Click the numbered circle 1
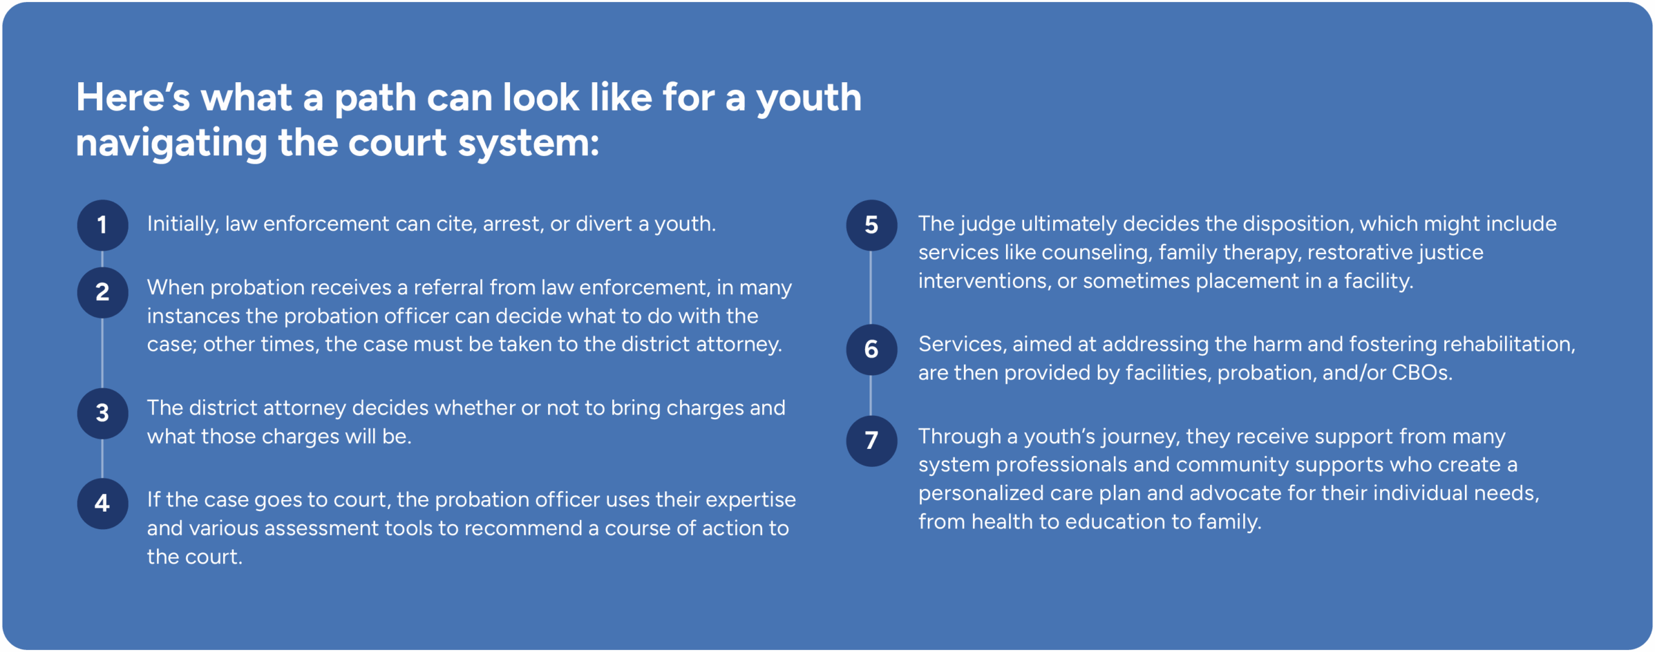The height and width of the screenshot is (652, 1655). pyautogui.click(x=102, y=225)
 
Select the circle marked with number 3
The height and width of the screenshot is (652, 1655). pyautogui.click(x=102, y=413)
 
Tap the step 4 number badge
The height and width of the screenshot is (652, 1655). pyautogui.click(x=102, y=503)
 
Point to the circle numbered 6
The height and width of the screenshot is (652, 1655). pyautogui.click(x=871, y=349)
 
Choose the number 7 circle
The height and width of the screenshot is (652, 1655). pyautogui.click(x=871, y=440)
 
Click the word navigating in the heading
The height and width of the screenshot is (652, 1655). pyautogui.click(x=171, y=144)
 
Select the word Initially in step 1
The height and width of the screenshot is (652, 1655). pyautogui.click(x=183, y=224)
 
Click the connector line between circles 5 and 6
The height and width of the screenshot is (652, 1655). pyautogui.click(x=871, y=288)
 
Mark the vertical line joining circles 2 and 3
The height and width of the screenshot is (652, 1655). pyautogui.click(x=102, y=353)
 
